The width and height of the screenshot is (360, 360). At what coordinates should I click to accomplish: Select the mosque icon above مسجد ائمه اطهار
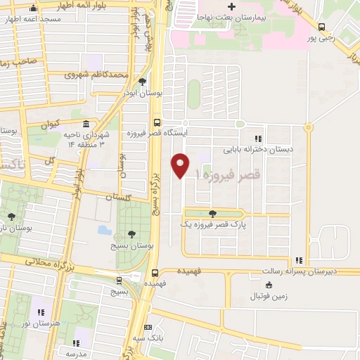pyautogui.click(x=33, y=9)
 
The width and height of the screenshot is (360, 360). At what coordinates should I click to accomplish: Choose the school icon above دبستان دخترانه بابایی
pyautogui.click(x=258, y=139)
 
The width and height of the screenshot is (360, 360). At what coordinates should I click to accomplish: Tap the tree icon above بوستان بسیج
pyautogui.click(x=131, y=234)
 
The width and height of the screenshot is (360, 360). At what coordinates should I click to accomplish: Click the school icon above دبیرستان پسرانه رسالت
pyautogui.click(x=300, y=260)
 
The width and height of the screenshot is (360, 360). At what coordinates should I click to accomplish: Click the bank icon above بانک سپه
pyautogui.click(x=147, y=327)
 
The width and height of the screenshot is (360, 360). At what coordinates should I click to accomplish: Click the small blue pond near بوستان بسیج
pyautogui.click(x=105, y=230)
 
